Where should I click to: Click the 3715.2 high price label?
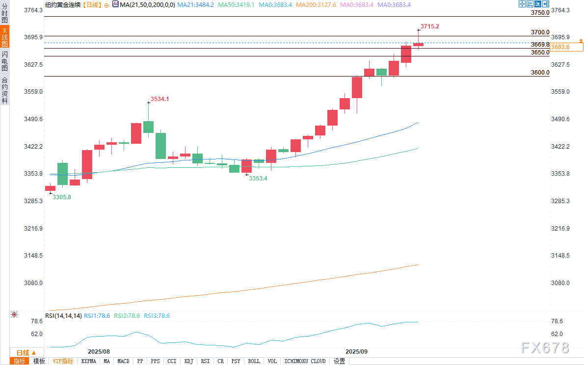pos(429,26)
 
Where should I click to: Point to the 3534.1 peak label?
pos(160,99)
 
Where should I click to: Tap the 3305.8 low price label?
pos(62,197)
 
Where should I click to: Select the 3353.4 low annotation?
pos(258,179)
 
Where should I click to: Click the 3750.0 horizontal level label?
pos(540,13)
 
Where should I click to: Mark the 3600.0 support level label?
pos(540,73)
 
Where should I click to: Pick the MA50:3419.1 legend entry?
pos(237,4)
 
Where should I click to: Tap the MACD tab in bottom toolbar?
pos(123,361)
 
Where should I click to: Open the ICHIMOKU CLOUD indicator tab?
pos(305,361)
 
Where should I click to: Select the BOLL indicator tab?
pos(254,361)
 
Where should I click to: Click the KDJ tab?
pos(188,361)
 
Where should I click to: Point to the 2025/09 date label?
pos(356,352)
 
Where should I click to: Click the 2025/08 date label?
pos(99,352)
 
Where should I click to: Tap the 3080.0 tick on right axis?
pos(560,283)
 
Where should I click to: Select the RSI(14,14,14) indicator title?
pos(63,316)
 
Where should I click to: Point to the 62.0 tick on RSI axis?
pos(557,334)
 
